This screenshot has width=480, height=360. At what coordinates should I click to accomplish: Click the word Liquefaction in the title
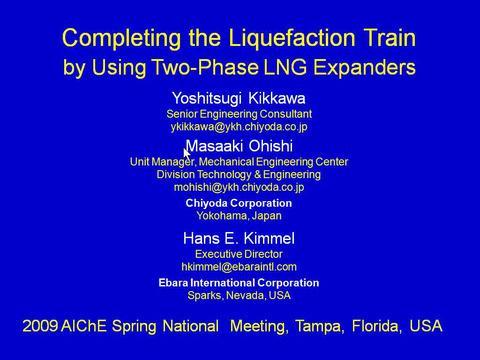tap(292, 38)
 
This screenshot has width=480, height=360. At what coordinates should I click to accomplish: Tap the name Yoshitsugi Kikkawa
tap(239, 98)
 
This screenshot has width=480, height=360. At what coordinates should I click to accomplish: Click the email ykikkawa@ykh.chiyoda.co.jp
tap(239, 127)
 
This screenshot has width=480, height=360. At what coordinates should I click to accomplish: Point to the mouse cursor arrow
tap(187, 154)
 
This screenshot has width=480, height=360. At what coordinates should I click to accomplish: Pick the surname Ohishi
tap(270, 146)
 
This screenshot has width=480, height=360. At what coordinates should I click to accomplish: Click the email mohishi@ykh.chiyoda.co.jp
tap(239, 187)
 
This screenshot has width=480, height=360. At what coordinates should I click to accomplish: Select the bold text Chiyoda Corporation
tap(239, 203)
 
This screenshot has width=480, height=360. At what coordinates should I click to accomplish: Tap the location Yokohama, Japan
tap(239, 216)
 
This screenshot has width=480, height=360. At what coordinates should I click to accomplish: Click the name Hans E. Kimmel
tap(239, 238)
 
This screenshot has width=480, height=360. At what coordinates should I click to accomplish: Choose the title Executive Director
tap(239, 254)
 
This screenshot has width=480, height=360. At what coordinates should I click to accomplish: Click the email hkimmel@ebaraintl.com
tap(239, 267)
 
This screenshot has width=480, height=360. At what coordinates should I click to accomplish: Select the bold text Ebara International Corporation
tap(239, 283)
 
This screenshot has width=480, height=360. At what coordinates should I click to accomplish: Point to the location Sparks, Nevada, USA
tap(239, 295)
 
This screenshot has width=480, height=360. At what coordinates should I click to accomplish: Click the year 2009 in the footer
tap(40, 326)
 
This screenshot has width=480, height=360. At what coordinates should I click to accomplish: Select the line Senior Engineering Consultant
tap(239, 114)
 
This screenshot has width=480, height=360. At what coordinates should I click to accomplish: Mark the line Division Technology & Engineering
tap(239, 174)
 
